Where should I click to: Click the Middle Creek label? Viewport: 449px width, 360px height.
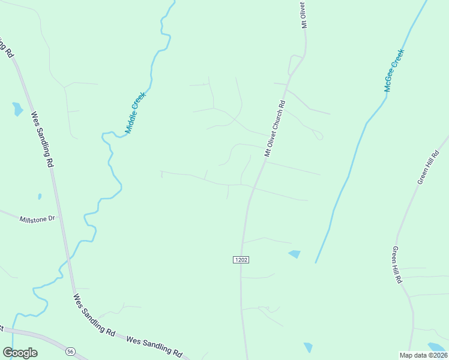tap(136, 112)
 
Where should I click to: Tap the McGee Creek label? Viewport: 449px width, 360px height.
tap(394, 70)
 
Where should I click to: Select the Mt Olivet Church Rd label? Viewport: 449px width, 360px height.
tap(275, 128)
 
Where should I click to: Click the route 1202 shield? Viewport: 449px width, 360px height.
tap(241, 259)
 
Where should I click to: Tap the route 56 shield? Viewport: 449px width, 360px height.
tap(71, 352)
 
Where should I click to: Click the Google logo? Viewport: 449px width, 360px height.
tap(20, 353)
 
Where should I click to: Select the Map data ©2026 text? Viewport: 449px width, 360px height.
tap(423, 355)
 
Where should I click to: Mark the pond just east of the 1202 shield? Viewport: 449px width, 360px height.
tap(294, 254)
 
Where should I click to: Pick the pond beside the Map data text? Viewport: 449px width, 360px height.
tap(437, 347)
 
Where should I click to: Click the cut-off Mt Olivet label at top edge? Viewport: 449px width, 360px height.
tap(304, 15)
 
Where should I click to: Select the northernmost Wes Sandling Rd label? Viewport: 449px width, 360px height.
tap(43, 139)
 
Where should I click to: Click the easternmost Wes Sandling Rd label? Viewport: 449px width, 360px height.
tap(154, 346)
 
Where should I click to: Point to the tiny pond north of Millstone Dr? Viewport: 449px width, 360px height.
tap(40, 196)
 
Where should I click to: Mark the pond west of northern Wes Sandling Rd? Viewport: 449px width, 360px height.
tap(17, 109)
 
